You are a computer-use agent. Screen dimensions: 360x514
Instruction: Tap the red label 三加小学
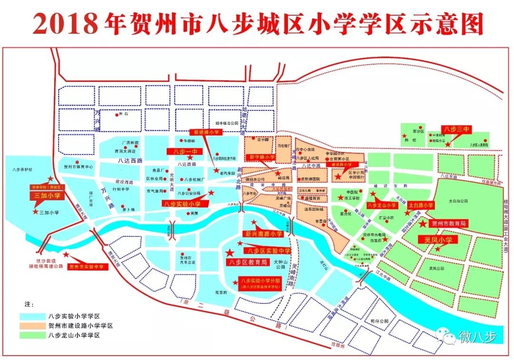point(46,195)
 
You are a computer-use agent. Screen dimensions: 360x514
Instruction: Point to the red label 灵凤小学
point(438,240)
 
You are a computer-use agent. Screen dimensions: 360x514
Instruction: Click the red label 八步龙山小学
point(382,205)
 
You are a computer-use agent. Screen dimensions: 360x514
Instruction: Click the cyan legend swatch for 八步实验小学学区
point(31,316)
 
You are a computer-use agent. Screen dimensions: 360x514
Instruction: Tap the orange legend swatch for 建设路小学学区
point(31,326)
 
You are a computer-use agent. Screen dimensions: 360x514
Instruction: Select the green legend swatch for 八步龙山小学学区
point(31,336)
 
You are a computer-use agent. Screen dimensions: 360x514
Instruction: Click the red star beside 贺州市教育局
point(422,223)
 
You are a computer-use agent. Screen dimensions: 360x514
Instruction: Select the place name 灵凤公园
point(435,268)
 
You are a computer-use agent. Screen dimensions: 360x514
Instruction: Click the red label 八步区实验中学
point(267,251)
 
